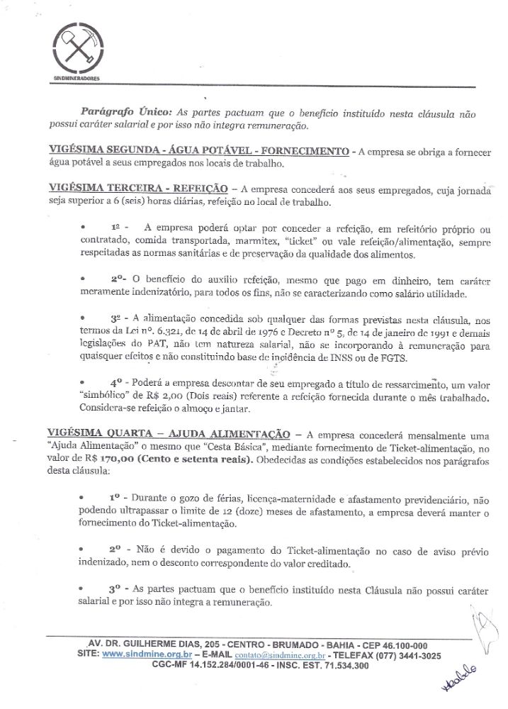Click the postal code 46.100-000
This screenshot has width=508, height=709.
coord(400,645)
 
